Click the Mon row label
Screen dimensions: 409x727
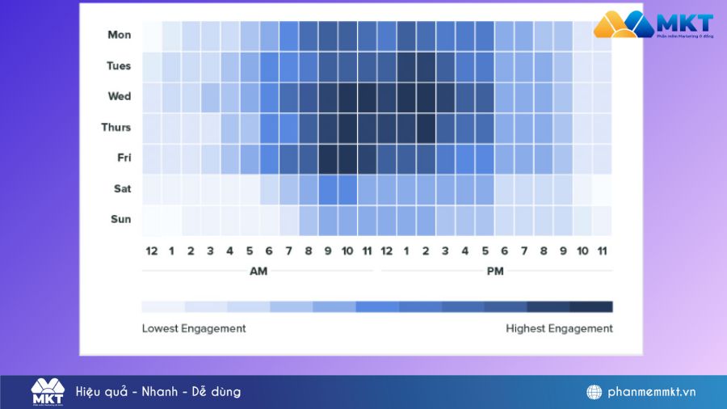click(x=119, y=35)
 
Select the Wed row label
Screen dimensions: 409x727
click(x=119, y=96)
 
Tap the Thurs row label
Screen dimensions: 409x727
click(x=116, y=127)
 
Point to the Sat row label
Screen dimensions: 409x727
click(x=121, y=188)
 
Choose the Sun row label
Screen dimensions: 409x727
click(x=120, y=219)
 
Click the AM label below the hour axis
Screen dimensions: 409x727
click(x=258, y=272)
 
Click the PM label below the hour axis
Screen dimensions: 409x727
click(x=495, y=272)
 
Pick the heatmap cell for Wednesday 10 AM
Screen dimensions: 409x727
click(x=347, y=97)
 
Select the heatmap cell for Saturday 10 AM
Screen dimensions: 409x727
click(x=347, y=189)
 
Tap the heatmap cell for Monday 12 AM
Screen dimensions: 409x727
click(x=152, y=36)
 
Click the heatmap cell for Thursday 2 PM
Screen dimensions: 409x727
click(x=426, y=128)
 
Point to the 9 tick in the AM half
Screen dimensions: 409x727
click(x=328, y=251)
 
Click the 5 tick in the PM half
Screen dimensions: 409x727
click(x=485, y=251)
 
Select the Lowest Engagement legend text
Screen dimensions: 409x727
click(x=194, y=328)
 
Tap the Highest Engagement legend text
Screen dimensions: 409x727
click(x=559, y=328)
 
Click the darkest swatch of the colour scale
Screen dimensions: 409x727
click(x=591, y=306)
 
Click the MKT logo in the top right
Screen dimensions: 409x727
click(x=653, y=25)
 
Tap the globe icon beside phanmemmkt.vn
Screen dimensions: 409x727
click(x=595, y=392)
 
